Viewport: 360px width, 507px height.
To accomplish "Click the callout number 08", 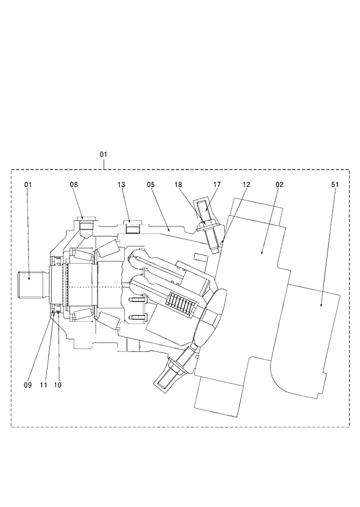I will coord(74,184).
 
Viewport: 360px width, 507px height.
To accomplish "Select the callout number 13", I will coord(121,184).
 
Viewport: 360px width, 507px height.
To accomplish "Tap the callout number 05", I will coord(151,184).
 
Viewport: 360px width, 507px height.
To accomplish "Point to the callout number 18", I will coord(179,184).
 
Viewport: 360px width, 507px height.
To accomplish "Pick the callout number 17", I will coord(217,184).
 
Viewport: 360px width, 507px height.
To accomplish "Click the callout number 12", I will coord(246,184).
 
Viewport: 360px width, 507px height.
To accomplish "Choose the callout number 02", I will coord(279,184).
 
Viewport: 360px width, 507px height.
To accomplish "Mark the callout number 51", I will coord(335,184).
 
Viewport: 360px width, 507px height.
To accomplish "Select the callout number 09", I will coord(27,384).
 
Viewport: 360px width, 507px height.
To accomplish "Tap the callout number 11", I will coord(43,384).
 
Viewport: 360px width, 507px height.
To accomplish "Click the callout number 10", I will coord(57,384).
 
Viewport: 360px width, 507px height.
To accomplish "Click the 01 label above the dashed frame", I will coord(103,154).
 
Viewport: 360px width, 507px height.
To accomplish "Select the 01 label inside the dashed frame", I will coord(27,184).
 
